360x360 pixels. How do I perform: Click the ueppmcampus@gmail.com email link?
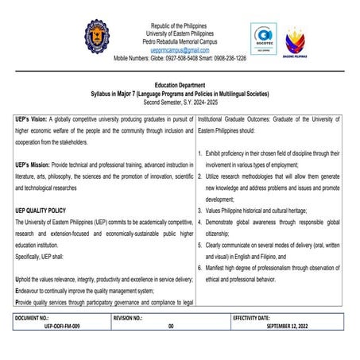point(180,49)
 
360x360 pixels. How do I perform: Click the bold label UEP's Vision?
point(33,117)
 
